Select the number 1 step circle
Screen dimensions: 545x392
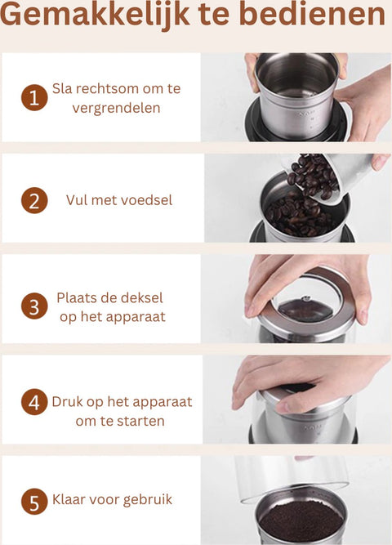coord(34,98)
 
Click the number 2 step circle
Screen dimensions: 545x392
coord(34,200)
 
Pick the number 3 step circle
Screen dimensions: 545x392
coord(34,306)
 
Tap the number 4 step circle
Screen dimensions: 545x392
coord(34,403)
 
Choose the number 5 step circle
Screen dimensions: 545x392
coord(34,500)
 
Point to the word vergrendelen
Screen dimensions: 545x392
coord(115,108)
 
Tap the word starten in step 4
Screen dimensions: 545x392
coord(139,422)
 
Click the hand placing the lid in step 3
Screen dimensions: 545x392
coord(310,278)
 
